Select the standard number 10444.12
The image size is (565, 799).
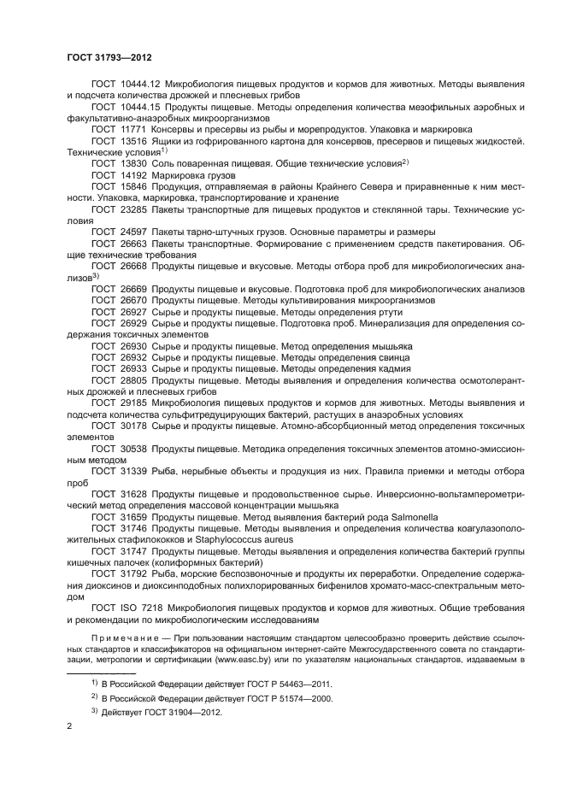pos(138,84)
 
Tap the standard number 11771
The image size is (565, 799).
pos(134,128)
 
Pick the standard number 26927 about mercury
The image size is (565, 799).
pos(134,312)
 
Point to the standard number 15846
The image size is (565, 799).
pos(134,185)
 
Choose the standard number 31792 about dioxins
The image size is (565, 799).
pos(134,574)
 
